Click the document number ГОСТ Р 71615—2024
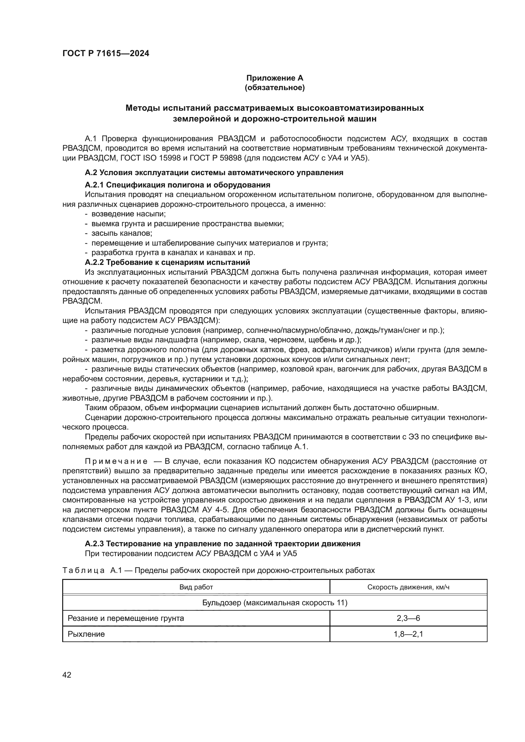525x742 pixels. tap(106, 54)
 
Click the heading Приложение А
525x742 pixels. tap(275, 78)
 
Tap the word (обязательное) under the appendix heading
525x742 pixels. tap(275, 88)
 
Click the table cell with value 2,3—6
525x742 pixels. tap(408, 618)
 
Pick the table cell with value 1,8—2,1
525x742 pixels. tap(408, 634)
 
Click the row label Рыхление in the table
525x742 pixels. tap(86, 634)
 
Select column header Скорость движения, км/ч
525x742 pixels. tap(408, 587)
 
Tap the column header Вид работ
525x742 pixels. tap(196, 587)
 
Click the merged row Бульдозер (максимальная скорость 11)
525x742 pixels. tap(275, 603)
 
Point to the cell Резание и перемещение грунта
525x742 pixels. tap(126, 618)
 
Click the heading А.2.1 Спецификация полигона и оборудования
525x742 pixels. tap(177, 185)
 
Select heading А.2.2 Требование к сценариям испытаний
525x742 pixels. tap(168, 262)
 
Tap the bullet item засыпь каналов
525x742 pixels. tap(122, 233)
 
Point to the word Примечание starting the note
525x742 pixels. tap(116, 461)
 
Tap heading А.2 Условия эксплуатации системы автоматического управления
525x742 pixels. tap(214, 173)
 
